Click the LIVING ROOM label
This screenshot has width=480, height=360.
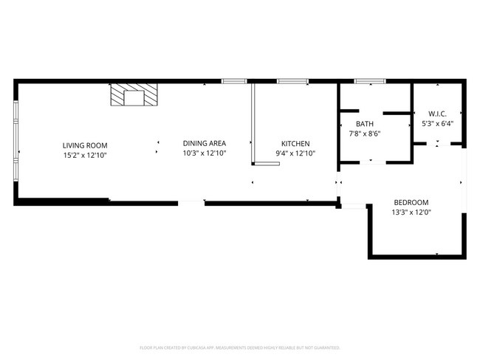[85, 145]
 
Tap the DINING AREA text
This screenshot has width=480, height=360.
[205, 143]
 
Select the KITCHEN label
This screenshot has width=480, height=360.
[295, 143]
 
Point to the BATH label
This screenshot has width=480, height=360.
[365, 124]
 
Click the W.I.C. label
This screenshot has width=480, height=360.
[436, 114]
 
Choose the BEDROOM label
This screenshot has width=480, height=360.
[411, 202]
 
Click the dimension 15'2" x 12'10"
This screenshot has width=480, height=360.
[85, 155]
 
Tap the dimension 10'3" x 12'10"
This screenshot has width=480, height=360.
[205, 153]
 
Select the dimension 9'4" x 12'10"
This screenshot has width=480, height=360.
[295, 153]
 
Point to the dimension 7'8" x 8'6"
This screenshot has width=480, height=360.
[365, 134]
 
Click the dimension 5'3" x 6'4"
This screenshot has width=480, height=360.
[436, 123]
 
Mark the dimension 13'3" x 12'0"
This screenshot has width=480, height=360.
[411, 212]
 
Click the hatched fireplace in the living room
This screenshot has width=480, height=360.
[134, 95]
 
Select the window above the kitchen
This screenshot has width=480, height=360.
[292, 80]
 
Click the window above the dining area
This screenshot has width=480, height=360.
[234, 80]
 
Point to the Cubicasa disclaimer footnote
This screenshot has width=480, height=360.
[239, 347]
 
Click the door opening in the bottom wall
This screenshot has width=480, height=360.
[192, 201]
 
